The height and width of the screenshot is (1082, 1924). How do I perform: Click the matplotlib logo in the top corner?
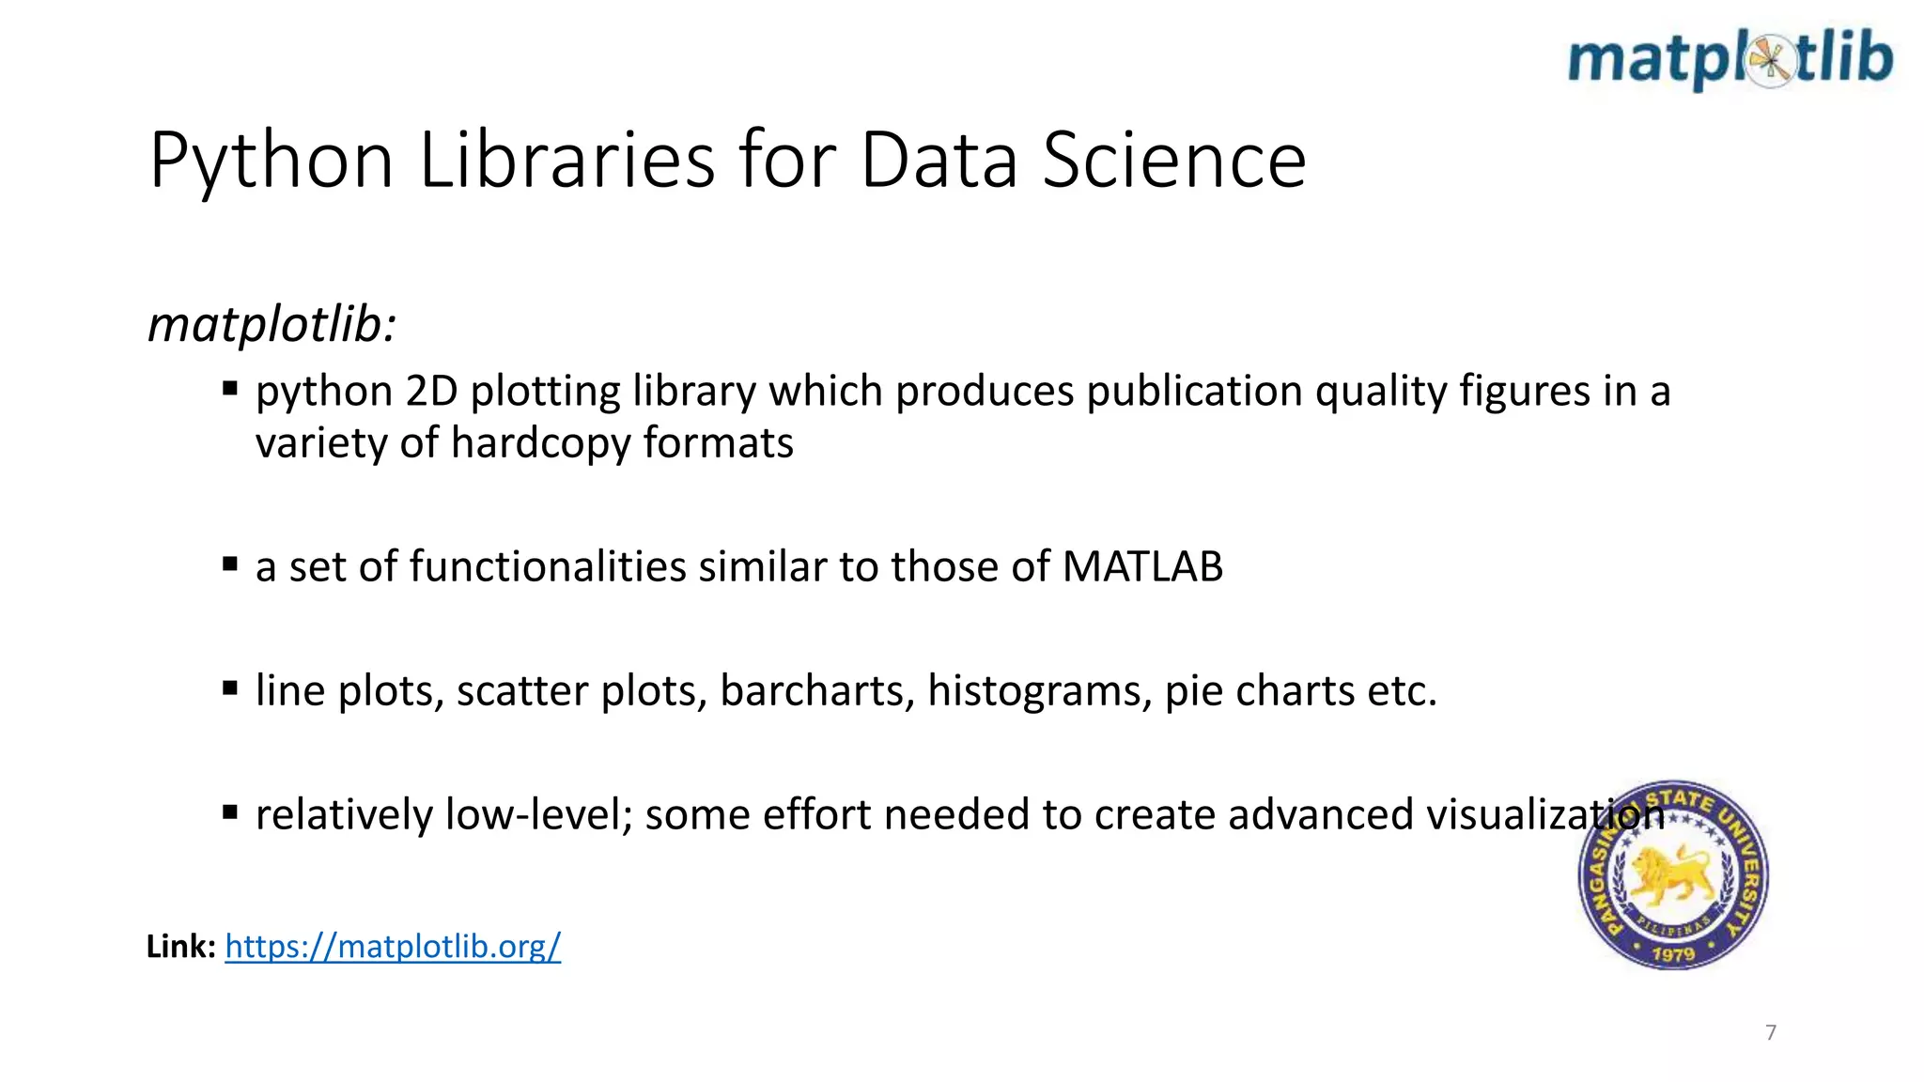click(x=1730, y=59)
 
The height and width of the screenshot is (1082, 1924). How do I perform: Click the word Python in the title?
click(x=271, y=162)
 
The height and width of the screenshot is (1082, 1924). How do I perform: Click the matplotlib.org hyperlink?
click(x=393, y=946)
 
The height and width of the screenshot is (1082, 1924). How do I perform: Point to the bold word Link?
click(x=181, y=946)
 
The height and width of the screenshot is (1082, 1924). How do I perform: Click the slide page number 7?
click(x=1771, y=1032)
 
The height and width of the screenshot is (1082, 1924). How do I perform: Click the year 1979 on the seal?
click(x=1673, y=954)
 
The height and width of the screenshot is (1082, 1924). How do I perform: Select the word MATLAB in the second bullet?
click(x=1142, y=566)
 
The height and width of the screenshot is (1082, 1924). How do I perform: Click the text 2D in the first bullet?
click(x=431, y=391)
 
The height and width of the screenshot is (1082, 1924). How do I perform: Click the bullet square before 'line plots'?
click(x=230, y=688)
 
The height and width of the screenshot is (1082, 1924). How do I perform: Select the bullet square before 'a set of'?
click(x=230, y=564)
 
